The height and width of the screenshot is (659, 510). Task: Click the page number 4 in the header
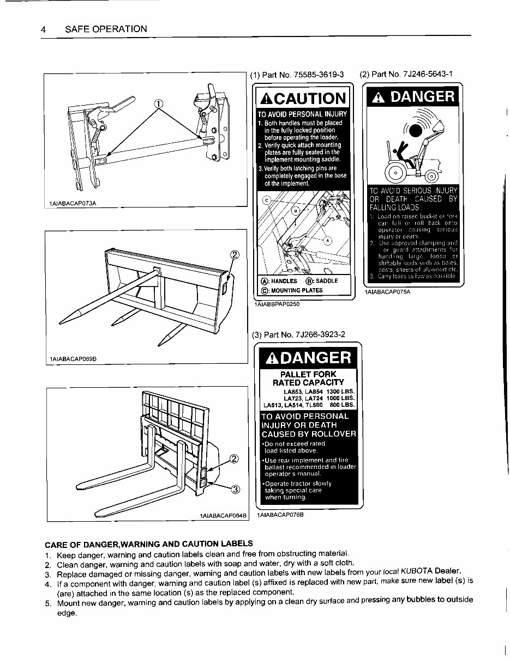[43, 29]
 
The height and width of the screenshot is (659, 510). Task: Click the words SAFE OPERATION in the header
[106, 29]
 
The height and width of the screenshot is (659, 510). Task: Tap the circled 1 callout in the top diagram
[158, 104]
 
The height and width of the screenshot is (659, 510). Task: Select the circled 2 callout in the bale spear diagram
[235, 255]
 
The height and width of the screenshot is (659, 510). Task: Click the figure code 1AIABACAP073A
[73, 203]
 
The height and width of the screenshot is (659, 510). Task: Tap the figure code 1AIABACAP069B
[73, 359]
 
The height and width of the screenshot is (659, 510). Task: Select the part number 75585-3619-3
[317, 75]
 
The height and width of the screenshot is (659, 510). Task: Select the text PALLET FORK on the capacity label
[308, 375]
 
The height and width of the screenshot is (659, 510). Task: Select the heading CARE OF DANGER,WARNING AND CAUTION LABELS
[148, 544]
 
